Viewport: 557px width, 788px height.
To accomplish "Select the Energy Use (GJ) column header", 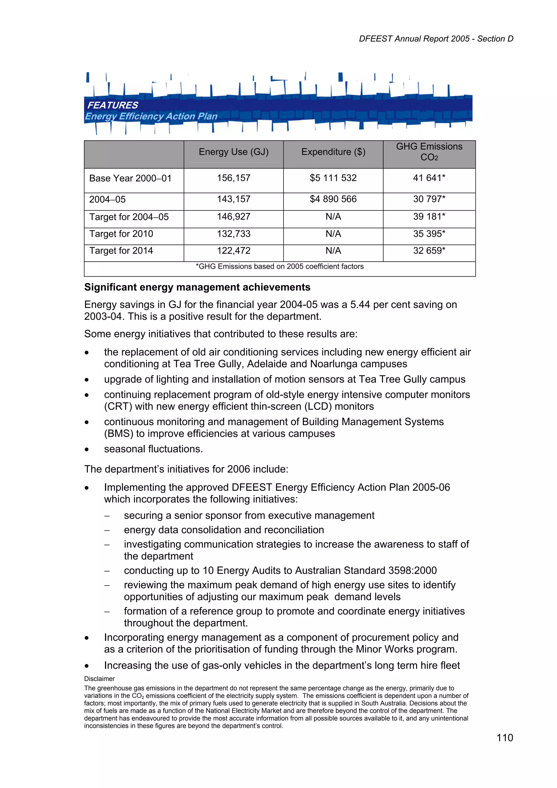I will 233,152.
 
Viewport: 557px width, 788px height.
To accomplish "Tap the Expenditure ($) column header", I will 333,152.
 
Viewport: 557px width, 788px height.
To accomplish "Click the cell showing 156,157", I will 233,178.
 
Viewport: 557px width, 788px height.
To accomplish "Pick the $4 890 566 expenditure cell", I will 333,199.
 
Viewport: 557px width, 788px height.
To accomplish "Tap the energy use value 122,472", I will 233,251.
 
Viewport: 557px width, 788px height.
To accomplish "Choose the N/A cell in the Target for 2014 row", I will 333,251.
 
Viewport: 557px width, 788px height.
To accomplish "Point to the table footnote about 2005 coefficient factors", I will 279,266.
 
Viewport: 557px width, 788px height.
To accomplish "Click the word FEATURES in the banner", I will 113,105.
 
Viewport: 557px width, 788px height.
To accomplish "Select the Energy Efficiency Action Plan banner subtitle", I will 151,116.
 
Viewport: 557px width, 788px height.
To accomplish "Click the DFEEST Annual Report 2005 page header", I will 436,39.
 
